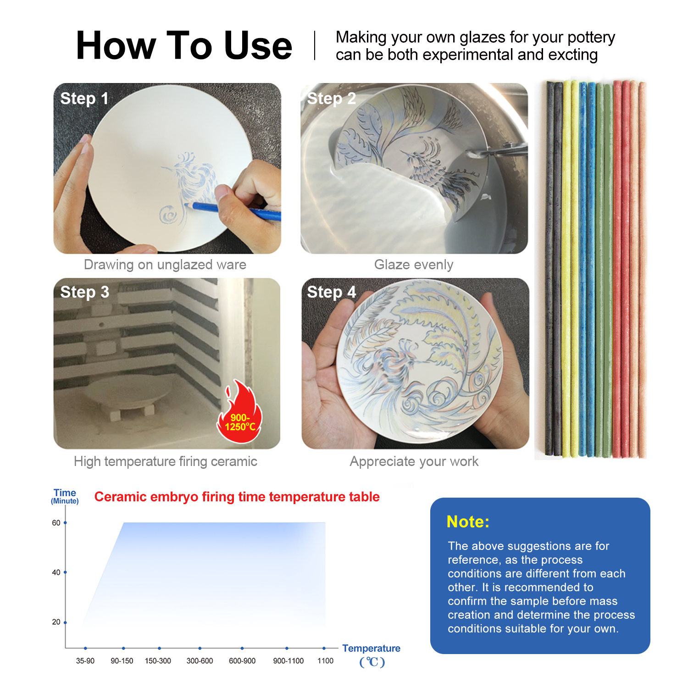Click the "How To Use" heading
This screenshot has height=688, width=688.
tap(184, 45)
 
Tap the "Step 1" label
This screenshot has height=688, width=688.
tap(84, 98)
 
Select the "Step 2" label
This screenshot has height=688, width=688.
tap(331, 98)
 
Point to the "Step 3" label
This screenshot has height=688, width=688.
tap(85, 292)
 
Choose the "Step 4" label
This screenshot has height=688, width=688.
tap(331, 292)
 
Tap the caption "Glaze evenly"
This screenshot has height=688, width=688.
tap(414, 265)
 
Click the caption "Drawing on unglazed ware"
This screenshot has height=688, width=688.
tap(165, 265)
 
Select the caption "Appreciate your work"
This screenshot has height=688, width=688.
tap(414, 461)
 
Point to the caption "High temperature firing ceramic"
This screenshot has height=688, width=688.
tap(166, 461)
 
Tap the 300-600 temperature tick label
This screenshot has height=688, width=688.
tap(200, 661)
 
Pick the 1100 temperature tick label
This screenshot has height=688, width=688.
tap(325, 661)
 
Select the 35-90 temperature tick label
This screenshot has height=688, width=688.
tap(85, 661)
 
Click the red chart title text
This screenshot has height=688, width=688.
tap(237, 497)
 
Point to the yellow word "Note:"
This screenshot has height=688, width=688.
tap(468, 522)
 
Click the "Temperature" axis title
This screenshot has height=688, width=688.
tap(371, 648)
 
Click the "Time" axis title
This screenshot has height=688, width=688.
tap(65, 493)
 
